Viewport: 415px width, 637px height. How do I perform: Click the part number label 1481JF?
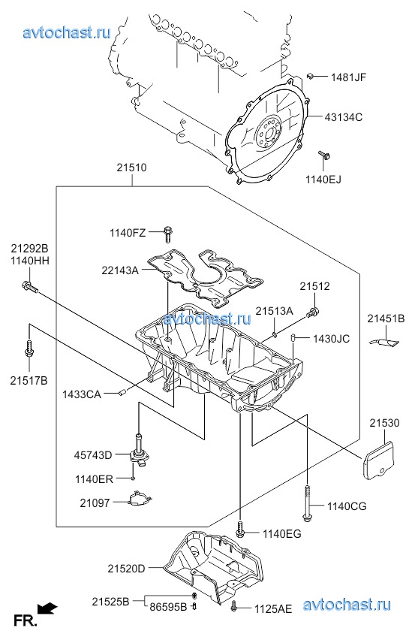[348, 77]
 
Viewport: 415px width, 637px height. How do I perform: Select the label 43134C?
[343, 117]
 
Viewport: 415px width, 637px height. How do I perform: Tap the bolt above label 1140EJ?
[324, 155]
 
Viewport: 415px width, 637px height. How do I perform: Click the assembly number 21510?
[132, 168]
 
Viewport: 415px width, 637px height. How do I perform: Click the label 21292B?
[29, 248]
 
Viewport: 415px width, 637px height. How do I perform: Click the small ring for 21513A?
[275, 334]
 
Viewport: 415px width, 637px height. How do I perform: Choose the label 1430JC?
[331, 338]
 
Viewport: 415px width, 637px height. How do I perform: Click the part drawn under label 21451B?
[385, 343]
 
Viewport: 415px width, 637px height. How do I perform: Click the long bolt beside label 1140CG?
[307, 502]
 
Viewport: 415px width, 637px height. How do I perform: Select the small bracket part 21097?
[139, 499]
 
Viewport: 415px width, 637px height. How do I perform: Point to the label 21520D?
[126, 569]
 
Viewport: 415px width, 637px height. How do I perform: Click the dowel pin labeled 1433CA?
[123, 392]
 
